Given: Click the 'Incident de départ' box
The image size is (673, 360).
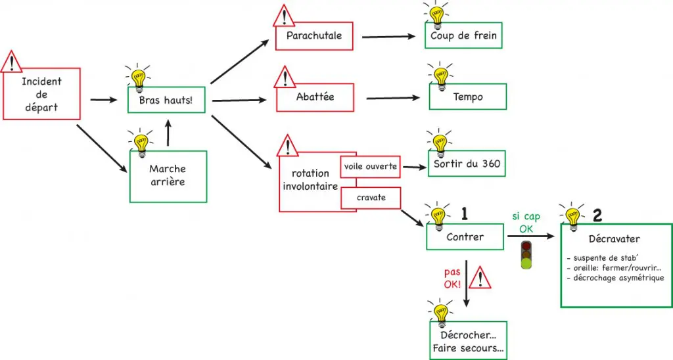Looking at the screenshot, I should point(41,93).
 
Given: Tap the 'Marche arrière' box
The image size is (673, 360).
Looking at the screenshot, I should point(168,175).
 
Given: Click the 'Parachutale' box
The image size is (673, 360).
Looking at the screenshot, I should point(314,36).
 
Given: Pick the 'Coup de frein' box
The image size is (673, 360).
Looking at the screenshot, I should point(463,36).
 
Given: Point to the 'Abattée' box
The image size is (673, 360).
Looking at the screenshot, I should point(315,97).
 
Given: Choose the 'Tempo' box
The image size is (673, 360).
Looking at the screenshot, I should point(468,97).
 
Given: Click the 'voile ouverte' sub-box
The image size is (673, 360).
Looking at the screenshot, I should point(371,166).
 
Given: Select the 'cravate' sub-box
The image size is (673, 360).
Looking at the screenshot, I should point(371,197).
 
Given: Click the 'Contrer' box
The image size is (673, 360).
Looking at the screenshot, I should point(465,236).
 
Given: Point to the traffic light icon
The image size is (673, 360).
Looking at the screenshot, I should point(526,256).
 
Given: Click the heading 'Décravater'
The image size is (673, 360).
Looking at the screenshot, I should point(615,239).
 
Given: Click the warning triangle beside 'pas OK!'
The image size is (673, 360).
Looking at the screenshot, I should point(481,279).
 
